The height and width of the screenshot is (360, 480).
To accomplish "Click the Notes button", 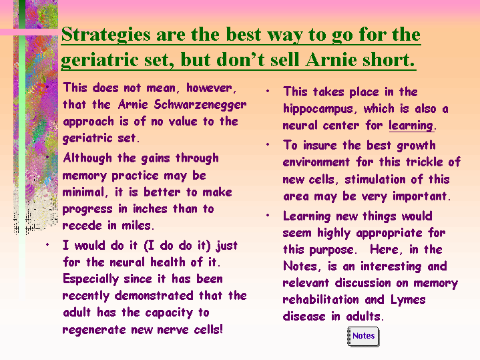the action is click(363, 337).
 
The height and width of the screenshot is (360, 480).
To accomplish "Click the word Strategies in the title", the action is click(106, 35).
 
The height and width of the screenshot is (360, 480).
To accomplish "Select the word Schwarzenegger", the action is click(200, 105).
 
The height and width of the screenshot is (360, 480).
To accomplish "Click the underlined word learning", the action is click(411, 126).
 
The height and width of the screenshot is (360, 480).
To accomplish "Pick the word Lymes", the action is click(408, 300).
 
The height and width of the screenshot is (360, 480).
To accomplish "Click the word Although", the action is click(87, 158).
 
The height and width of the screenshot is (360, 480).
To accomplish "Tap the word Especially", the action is click(91, 279).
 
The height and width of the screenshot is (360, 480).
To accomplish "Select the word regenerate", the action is click(95, 330).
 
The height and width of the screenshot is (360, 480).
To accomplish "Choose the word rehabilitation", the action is click(321, 299).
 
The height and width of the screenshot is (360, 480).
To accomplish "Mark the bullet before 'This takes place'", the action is click(268, 91).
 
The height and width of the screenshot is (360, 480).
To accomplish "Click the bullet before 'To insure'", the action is click(268, 144).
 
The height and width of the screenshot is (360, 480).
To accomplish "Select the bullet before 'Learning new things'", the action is click(268, 215).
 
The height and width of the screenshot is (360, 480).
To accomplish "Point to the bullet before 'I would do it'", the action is click(47, 244).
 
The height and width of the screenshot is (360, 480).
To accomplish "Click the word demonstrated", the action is click(154, 296).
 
